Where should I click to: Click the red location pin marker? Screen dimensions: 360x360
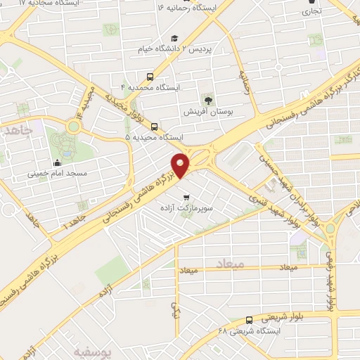click(182, 165)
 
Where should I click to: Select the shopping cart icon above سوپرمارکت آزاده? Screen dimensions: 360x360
click(186, 198)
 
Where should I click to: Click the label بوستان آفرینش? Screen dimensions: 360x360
click(207, 112)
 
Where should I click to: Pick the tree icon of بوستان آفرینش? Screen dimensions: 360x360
click(207, 100)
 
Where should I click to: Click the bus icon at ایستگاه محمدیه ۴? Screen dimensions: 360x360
click(149, 77)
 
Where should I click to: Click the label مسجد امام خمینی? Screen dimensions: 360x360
click(58, 172)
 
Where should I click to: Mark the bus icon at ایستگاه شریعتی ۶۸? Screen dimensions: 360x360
click(250, 320)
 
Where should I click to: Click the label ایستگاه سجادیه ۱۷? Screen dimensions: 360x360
click(51, 4)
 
